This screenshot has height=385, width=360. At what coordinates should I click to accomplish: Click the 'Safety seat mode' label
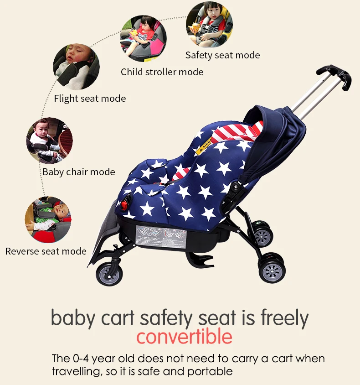[222, 55]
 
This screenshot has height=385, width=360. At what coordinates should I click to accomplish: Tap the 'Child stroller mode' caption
[162, 72]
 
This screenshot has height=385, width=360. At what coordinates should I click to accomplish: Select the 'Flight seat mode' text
[90, 99]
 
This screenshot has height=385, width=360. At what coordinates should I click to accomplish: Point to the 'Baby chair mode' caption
[79, 172]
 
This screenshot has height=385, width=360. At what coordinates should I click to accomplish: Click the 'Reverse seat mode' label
[46, 251]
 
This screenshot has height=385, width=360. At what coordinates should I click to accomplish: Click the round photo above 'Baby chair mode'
[49, 140]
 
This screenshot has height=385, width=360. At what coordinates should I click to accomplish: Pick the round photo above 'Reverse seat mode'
[48, 220]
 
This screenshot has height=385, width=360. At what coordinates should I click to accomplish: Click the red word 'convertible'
[184, 337]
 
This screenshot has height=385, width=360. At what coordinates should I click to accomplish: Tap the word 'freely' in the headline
[284, 318]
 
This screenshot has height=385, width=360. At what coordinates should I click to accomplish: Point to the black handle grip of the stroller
[335, 75]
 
